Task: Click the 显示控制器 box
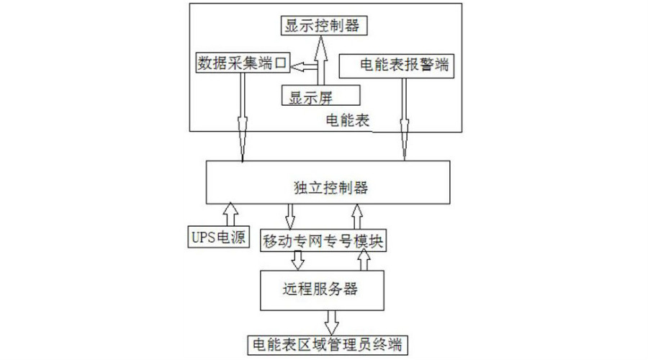click(322, 26)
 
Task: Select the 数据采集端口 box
click(242, 63)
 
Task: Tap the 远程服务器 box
click(328, 290)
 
